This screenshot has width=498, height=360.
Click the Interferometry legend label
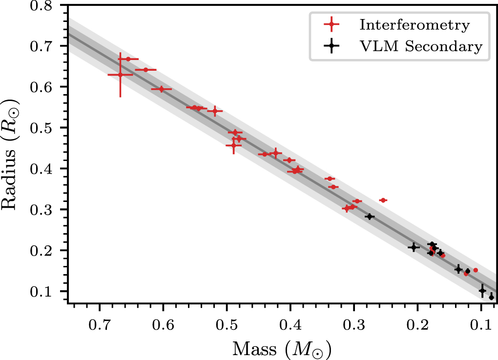point(415,25)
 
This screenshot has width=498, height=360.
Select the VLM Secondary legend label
point(421,46)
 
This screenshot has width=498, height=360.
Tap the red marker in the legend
point(332,24)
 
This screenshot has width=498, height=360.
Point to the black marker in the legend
point(332,46)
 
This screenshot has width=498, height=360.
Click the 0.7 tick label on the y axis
point(42,46)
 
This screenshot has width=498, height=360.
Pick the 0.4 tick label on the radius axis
point(42,169)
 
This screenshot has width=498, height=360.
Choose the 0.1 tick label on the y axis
point(42,292)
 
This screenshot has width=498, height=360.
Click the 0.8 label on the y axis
point(42,5)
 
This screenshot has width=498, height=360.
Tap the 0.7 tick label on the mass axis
point(100,326)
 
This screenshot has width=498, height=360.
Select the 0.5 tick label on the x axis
point(227,326)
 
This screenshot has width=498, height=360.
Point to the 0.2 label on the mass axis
point(417,326)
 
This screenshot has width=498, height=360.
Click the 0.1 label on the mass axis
point(481,326)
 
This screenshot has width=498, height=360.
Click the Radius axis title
point(10,154)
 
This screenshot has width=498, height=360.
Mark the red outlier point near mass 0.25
point(383,200)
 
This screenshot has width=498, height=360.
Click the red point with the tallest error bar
point(120,75)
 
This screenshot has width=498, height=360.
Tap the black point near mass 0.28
point(370,217)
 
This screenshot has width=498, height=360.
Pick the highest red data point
point(128,59)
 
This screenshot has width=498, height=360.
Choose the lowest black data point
point(491,298)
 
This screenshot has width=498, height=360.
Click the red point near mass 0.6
point(161,89)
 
